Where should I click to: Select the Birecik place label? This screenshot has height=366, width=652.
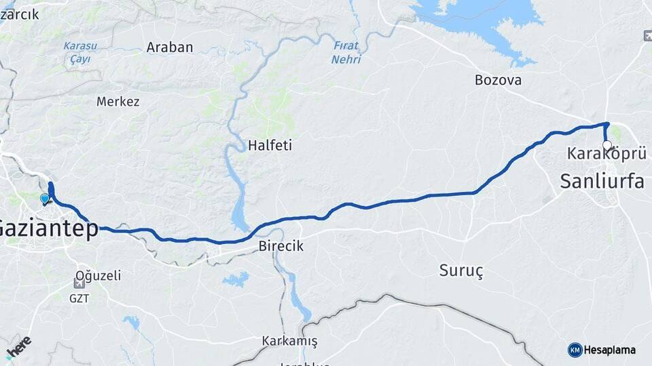[x=280, y=246]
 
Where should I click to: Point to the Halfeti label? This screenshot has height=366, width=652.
[x=270, y=145]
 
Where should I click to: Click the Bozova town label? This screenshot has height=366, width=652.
[x=498, y=80]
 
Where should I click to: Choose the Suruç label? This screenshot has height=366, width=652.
[x=461, y=270]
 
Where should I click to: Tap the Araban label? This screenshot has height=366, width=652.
[x=170, y=47]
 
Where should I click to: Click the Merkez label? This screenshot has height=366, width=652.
[x=117, y=102]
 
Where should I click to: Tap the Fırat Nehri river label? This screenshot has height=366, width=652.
[x=346, y=52]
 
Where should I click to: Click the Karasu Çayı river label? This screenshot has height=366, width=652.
[x=80, y=52]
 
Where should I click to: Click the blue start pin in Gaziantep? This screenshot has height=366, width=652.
[x=45, y=199]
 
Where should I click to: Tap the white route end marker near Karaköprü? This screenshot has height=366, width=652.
[x=606, y=144]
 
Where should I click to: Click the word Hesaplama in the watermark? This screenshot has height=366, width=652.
[x=610, y=350]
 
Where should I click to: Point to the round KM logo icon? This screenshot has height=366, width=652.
[x=575, y=350]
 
